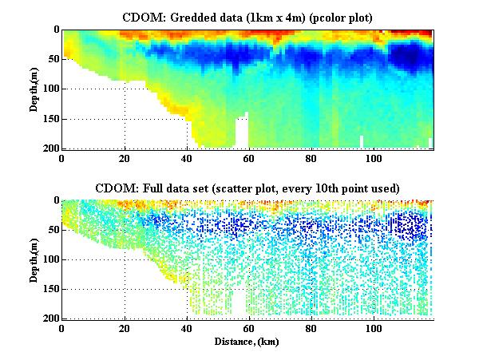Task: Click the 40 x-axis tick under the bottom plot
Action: click(x=187, y=329)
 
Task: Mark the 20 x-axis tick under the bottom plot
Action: click(x=125, y=329)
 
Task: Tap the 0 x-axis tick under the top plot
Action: click(x=62, y=158)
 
